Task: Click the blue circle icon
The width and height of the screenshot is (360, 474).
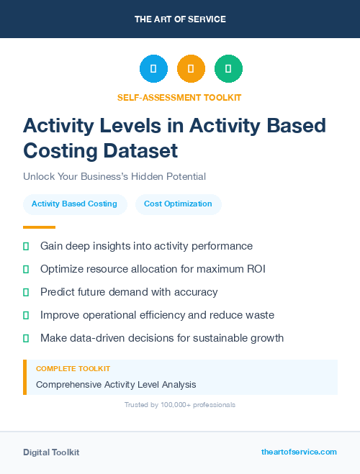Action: tap(153, 68)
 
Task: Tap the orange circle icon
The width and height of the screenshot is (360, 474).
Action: tap(191, 68)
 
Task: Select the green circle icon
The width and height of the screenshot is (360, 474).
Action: tap(228, 68)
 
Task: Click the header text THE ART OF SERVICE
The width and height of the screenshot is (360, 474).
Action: tap(180, 19)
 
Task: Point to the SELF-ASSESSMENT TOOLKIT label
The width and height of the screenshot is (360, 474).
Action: tap(179, 97)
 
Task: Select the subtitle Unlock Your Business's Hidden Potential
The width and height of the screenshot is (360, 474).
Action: tap(114, 176)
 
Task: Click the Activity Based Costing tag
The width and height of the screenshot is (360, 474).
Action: tap(74, 204)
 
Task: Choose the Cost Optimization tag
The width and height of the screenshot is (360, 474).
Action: tap(178, 204)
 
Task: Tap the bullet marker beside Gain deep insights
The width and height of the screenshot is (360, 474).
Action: tap(26, 246)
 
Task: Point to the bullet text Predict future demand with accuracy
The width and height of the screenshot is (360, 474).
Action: tap(129, 292)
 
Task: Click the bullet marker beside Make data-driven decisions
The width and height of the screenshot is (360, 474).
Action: tap(26, 338)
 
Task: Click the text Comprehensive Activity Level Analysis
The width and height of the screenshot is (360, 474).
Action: tap(116, 384)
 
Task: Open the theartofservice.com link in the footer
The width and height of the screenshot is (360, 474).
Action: tap(299, 452)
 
